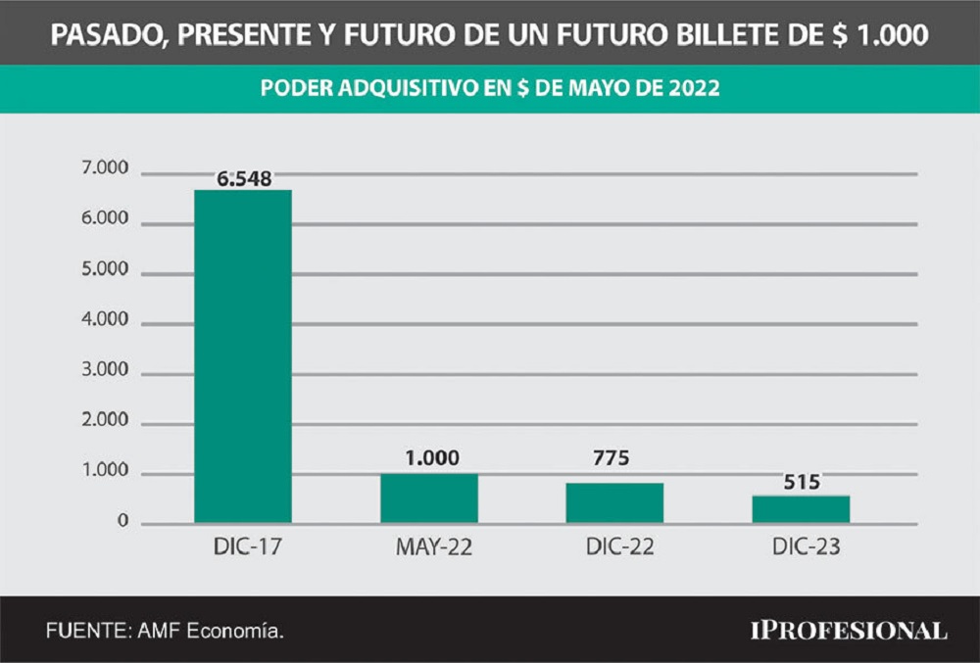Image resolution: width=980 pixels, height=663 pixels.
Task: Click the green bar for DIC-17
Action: point(243,356)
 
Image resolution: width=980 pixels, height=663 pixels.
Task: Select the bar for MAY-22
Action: point(429,498)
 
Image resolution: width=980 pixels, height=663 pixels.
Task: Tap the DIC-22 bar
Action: point(614,502)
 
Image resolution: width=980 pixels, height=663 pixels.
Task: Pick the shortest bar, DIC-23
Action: point(801,509)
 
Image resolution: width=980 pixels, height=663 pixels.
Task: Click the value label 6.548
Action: point(244,178)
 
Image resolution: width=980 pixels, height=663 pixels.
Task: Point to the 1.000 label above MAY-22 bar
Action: point(429,458)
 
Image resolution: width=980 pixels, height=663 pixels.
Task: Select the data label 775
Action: point(614,459)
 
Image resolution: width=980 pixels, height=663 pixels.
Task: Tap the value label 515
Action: point(801,481)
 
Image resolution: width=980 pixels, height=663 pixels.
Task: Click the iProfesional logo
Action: point(849,630)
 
